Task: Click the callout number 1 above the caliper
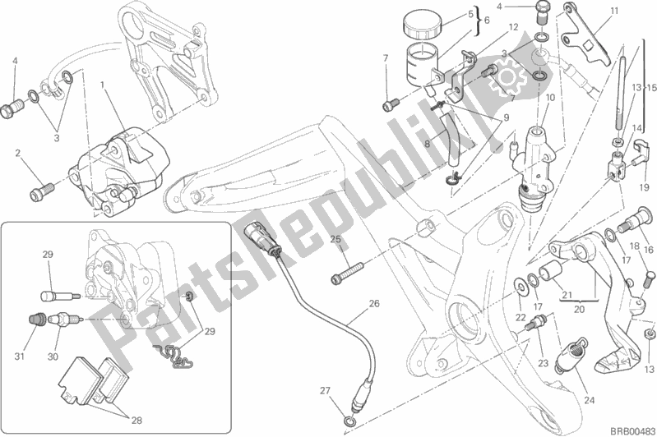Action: tap(103, 85)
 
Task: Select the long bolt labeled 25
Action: tap(348, 268)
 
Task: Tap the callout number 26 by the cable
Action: tap(374, 304)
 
